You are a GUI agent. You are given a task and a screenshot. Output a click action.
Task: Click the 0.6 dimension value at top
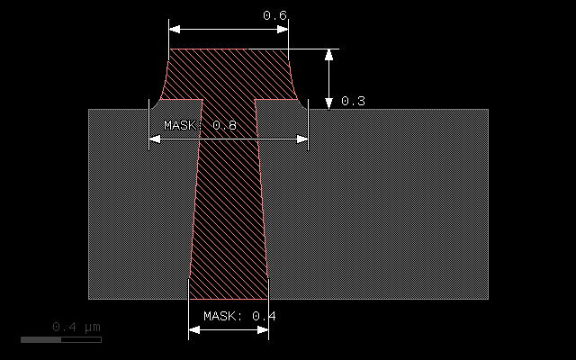[274, 15]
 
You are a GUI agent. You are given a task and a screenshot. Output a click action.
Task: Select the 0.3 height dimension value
[353, 101]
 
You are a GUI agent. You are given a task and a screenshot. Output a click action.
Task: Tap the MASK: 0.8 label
[200, 125]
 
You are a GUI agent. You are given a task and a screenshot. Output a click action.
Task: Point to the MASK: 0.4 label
[239, 316]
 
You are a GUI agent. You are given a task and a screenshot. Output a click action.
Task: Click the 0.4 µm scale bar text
[76, 326]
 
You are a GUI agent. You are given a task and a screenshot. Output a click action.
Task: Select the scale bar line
[61, 339]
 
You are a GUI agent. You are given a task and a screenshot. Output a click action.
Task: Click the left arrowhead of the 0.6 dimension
[174, 29]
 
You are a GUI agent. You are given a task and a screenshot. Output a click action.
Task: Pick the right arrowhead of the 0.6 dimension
[283, 29]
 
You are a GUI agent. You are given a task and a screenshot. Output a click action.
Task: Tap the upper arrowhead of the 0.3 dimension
[329, 54]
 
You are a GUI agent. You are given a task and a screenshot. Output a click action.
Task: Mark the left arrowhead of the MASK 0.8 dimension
[154, 139]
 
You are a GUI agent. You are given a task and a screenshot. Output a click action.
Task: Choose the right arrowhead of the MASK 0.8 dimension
[303, 139]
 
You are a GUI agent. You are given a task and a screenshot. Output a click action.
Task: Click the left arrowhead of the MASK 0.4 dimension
[193, 329]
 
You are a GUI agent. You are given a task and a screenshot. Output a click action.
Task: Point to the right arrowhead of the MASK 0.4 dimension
[264, 329]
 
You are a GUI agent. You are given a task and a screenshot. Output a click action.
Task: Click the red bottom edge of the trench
[229, 299]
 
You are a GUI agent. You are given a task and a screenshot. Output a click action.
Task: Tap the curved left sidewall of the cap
[165, 78]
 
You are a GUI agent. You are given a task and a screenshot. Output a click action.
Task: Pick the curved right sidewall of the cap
[292, 78]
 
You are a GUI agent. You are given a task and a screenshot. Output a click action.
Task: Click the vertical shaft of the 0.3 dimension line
[329, 78]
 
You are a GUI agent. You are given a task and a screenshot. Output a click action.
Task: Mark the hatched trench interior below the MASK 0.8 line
[229, 216]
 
